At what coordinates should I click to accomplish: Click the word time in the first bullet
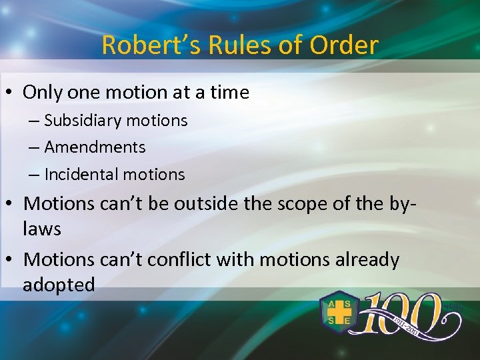[x=228, y=92]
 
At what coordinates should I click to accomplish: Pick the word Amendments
[x=95, y=147]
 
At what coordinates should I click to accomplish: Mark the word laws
[x=42, y=229]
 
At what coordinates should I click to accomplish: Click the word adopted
[x=59, y=285]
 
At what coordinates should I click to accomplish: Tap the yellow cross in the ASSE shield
[x=339, y=312]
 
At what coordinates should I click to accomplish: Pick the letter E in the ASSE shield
[x=348, y=321]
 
